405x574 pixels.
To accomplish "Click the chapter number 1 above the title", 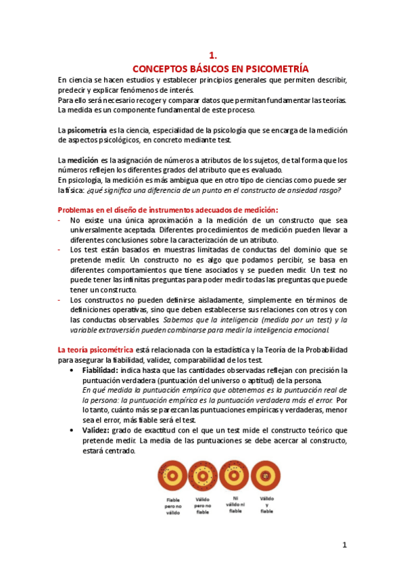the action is point(211,56).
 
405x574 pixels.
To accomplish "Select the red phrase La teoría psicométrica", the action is point(95,349).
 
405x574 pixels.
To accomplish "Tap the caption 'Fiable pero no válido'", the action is point(173,507).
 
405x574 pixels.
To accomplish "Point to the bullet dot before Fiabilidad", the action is point(72,371).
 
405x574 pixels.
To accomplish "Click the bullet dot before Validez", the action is point(72,431).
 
